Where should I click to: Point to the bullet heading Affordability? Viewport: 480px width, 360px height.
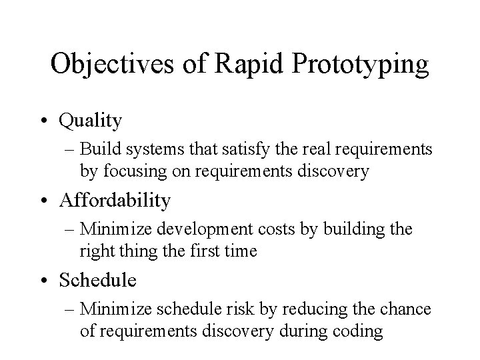(115, 200)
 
